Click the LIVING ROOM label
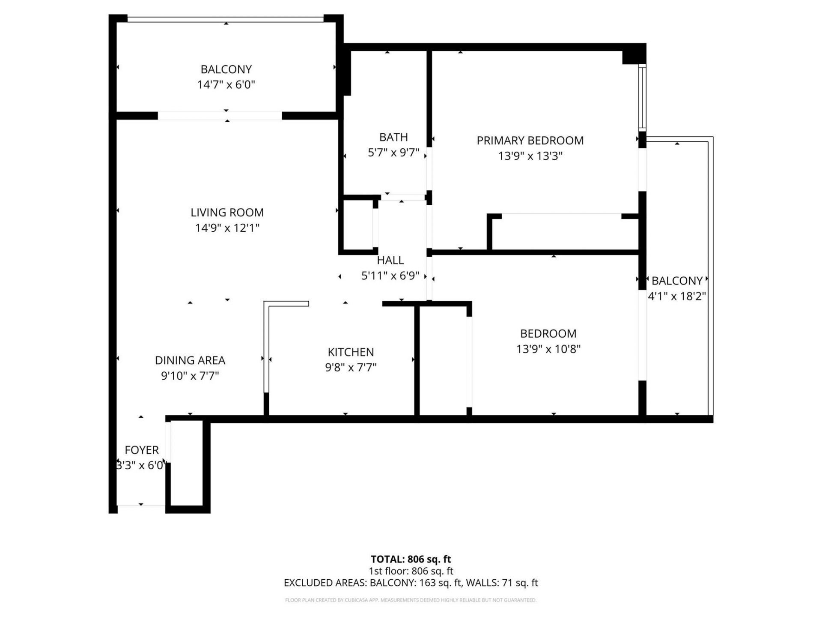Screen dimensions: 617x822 pos(227,213)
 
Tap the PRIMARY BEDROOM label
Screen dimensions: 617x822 pos(530,141)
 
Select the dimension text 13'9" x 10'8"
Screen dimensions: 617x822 pos(548,349)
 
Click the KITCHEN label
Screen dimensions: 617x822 pos(351,352)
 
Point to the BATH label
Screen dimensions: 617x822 pos(393,137)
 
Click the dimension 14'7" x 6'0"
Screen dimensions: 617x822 pos(226,84)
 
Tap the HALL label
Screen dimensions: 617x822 pos(390,260)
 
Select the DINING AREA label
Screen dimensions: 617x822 pos(190,360)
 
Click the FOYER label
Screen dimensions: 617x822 pos(142,450)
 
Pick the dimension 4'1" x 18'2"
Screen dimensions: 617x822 pos(676,296)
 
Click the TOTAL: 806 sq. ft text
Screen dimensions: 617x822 pos(411,559)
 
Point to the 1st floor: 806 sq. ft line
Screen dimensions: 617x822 pos(411,571)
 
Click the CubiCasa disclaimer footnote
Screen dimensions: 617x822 pos(411,600)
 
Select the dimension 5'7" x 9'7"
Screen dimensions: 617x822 pos(393,153)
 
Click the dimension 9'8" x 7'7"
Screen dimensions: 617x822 pos(351,367)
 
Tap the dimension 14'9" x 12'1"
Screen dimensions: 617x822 pos(227,228)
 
